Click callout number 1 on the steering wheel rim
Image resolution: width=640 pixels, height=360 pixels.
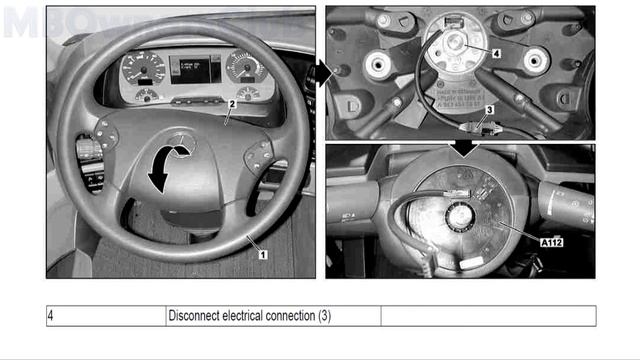(x=262, y=254)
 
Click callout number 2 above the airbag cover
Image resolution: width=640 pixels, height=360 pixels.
(x=231, y=103)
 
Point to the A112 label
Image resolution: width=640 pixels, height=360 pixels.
(x=551, y=241)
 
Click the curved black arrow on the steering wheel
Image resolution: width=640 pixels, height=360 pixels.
(x=168, y=164)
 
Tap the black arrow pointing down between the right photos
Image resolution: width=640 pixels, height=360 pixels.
(x=461, y=147)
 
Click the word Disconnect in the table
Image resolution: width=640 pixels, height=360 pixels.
(x=196, y=316)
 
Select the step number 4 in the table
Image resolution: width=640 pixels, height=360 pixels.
(x=51, y=316)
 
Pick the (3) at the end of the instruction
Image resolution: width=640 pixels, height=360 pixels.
(x=324, y=316)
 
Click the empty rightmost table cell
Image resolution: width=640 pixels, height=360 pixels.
(x=488, y=316)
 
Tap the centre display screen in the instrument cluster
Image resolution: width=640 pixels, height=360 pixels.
(x=195, y=69)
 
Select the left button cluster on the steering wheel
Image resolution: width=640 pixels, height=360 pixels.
(x=109, y=132)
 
